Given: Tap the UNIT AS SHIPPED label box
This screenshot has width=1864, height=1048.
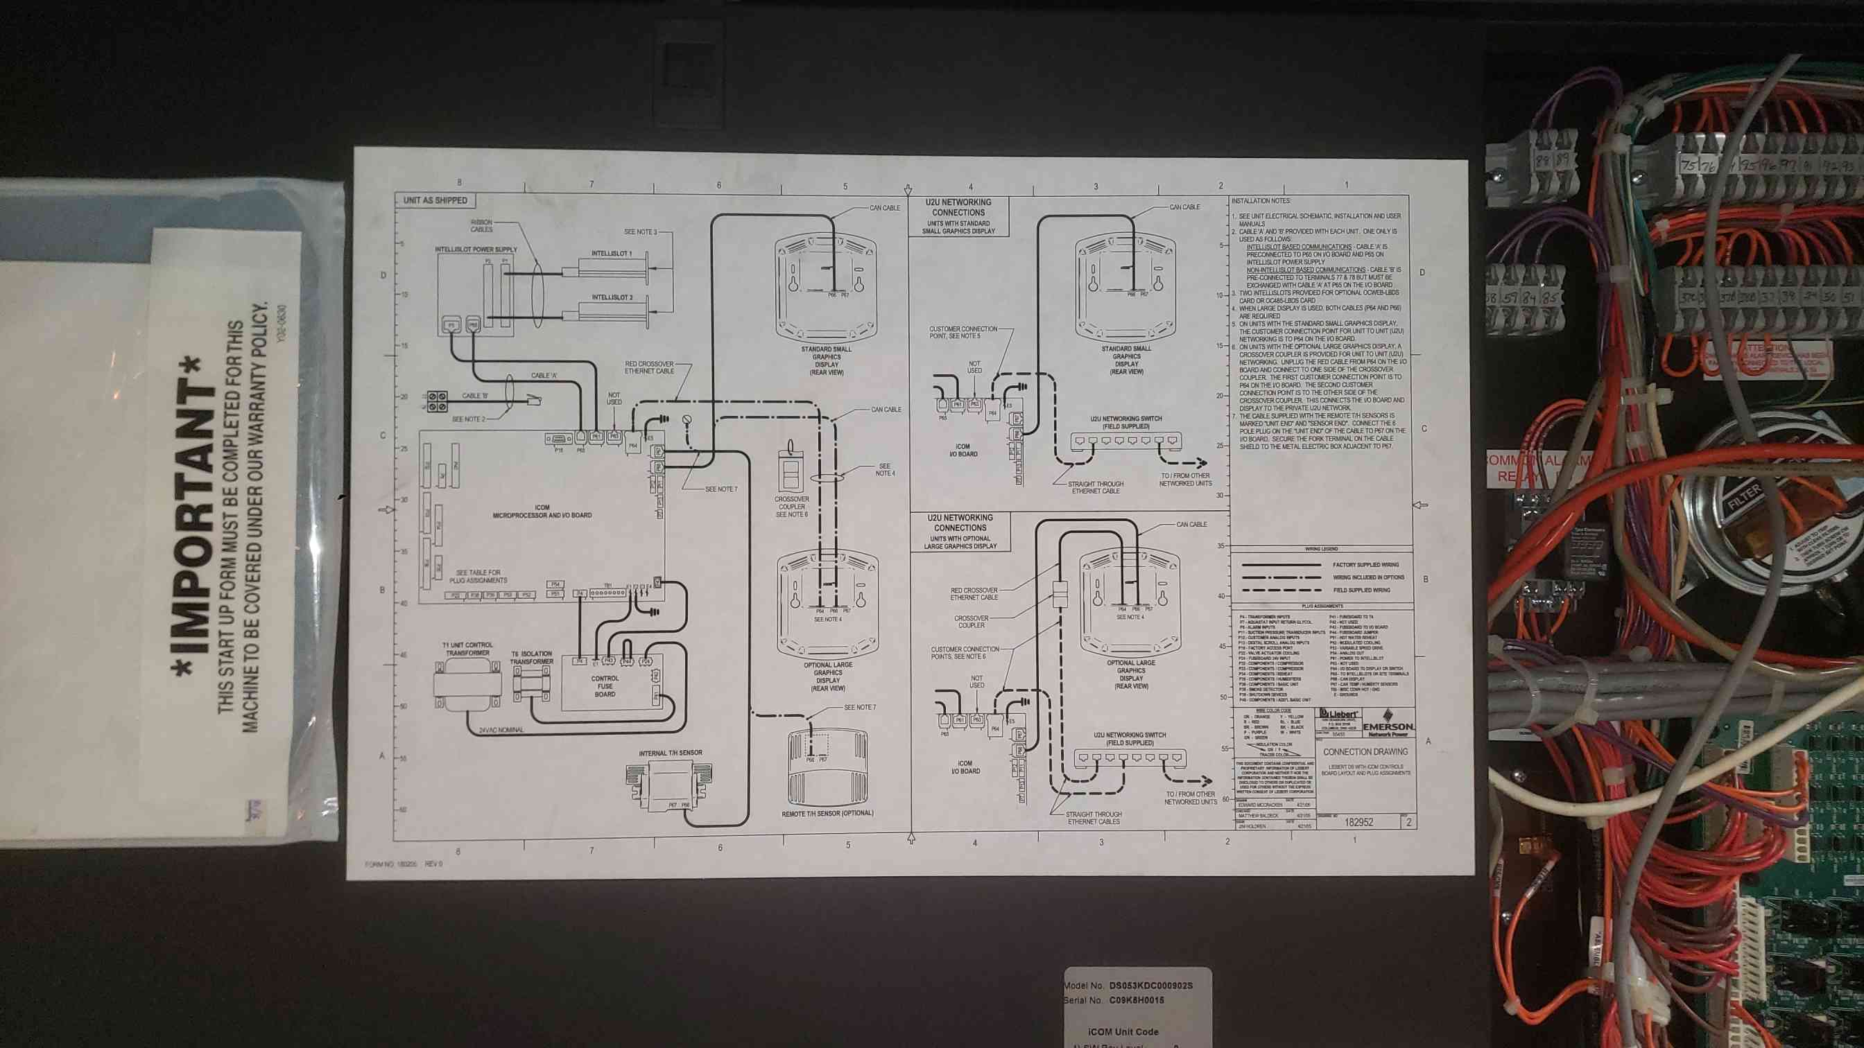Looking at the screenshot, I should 435,200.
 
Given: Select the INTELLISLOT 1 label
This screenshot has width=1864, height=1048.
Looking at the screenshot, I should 612,254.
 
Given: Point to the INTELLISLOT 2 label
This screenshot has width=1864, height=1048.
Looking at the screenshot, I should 612,297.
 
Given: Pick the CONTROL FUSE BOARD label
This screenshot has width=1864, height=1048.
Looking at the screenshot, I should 605,686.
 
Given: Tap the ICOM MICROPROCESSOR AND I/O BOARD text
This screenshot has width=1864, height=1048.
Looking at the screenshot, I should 542,512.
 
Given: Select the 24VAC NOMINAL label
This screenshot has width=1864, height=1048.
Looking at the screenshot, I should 501,730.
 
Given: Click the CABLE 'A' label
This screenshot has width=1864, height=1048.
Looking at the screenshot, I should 544,376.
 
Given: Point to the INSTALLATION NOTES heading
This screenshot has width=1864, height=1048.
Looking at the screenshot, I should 1261,201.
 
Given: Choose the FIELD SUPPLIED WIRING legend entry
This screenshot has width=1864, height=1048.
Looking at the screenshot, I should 1361,590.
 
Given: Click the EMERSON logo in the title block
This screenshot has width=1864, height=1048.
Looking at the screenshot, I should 1388,727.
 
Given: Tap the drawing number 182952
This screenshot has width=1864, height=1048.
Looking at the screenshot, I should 1359,821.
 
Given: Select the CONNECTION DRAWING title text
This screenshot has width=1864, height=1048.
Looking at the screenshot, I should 1365,751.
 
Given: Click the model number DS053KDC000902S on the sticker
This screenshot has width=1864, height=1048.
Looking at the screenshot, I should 1150,986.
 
